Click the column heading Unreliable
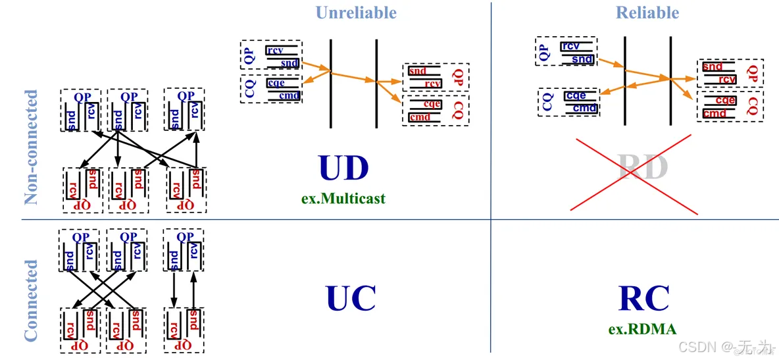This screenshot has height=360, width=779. coord(356,13)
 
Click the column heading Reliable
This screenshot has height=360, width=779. coord(647,13)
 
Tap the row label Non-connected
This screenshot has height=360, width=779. coord(32,147)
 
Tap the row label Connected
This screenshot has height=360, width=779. coord(32,300)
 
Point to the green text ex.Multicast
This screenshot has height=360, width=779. coord(343,197)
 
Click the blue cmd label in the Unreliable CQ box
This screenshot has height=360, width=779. coord(289,96)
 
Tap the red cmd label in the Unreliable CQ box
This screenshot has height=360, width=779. coord(420,117)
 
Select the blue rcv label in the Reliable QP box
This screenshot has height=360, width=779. coord(570,46)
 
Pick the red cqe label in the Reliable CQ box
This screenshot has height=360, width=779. coord(725,101)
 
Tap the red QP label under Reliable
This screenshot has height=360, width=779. coord(753,73)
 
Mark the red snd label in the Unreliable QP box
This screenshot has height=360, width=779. coord(417,71)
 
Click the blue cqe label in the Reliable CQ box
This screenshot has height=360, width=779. coord(575,96)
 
